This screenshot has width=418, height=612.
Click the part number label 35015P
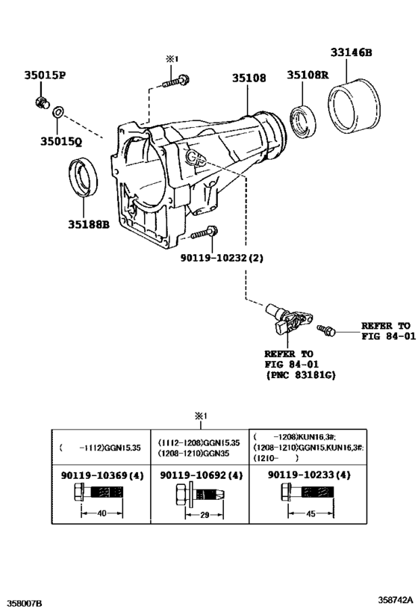[x=44, y=75]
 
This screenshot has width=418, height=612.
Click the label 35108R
[x=307, y=75]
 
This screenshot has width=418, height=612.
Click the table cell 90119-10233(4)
[x=305, y=475]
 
